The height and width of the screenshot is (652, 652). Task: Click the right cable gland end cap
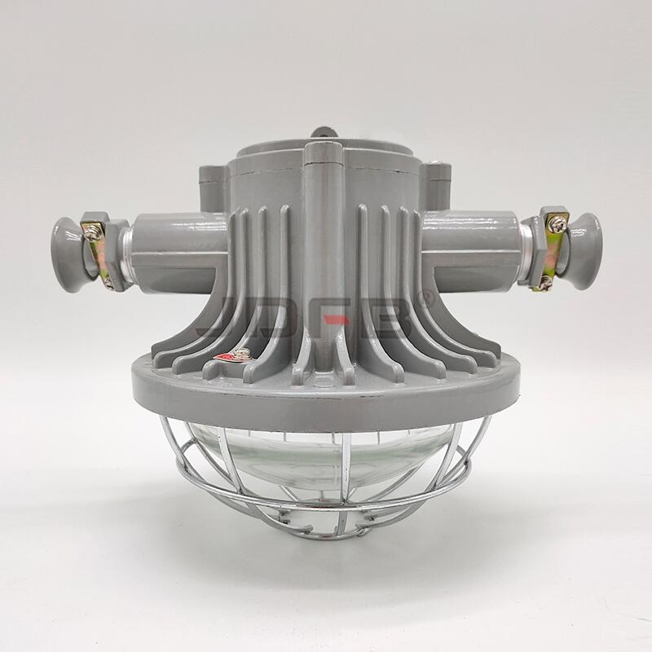[584, 251]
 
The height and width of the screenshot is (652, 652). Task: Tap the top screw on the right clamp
[557, 222]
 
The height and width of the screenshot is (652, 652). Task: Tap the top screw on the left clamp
[93, 232]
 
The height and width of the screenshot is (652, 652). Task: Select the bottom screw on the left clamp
[108, 282]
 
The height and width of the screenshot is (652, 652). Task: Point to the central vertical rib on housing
[324, 244]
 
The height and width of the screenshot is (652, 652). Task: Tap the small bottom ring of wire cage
[326, 530]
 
